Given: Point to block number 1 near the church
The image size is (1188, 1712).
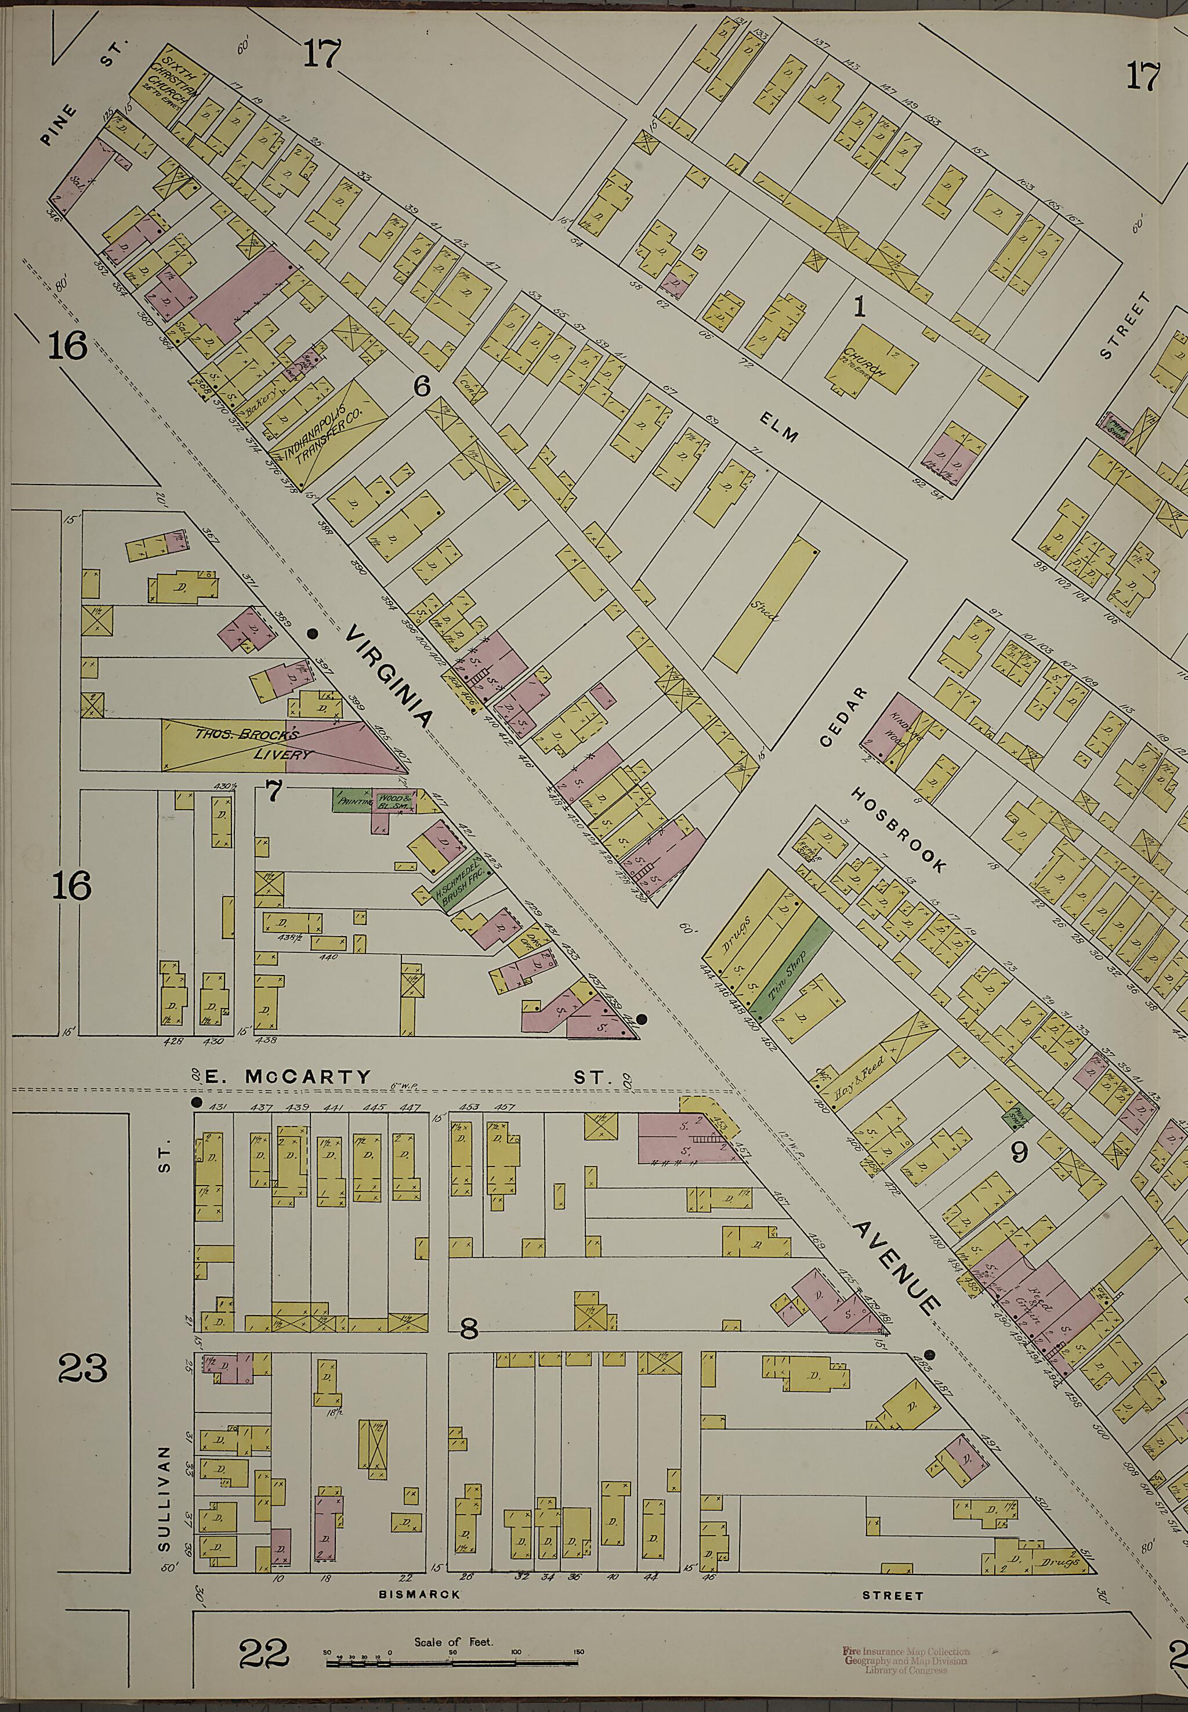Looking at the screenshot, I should click(860, 307).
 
